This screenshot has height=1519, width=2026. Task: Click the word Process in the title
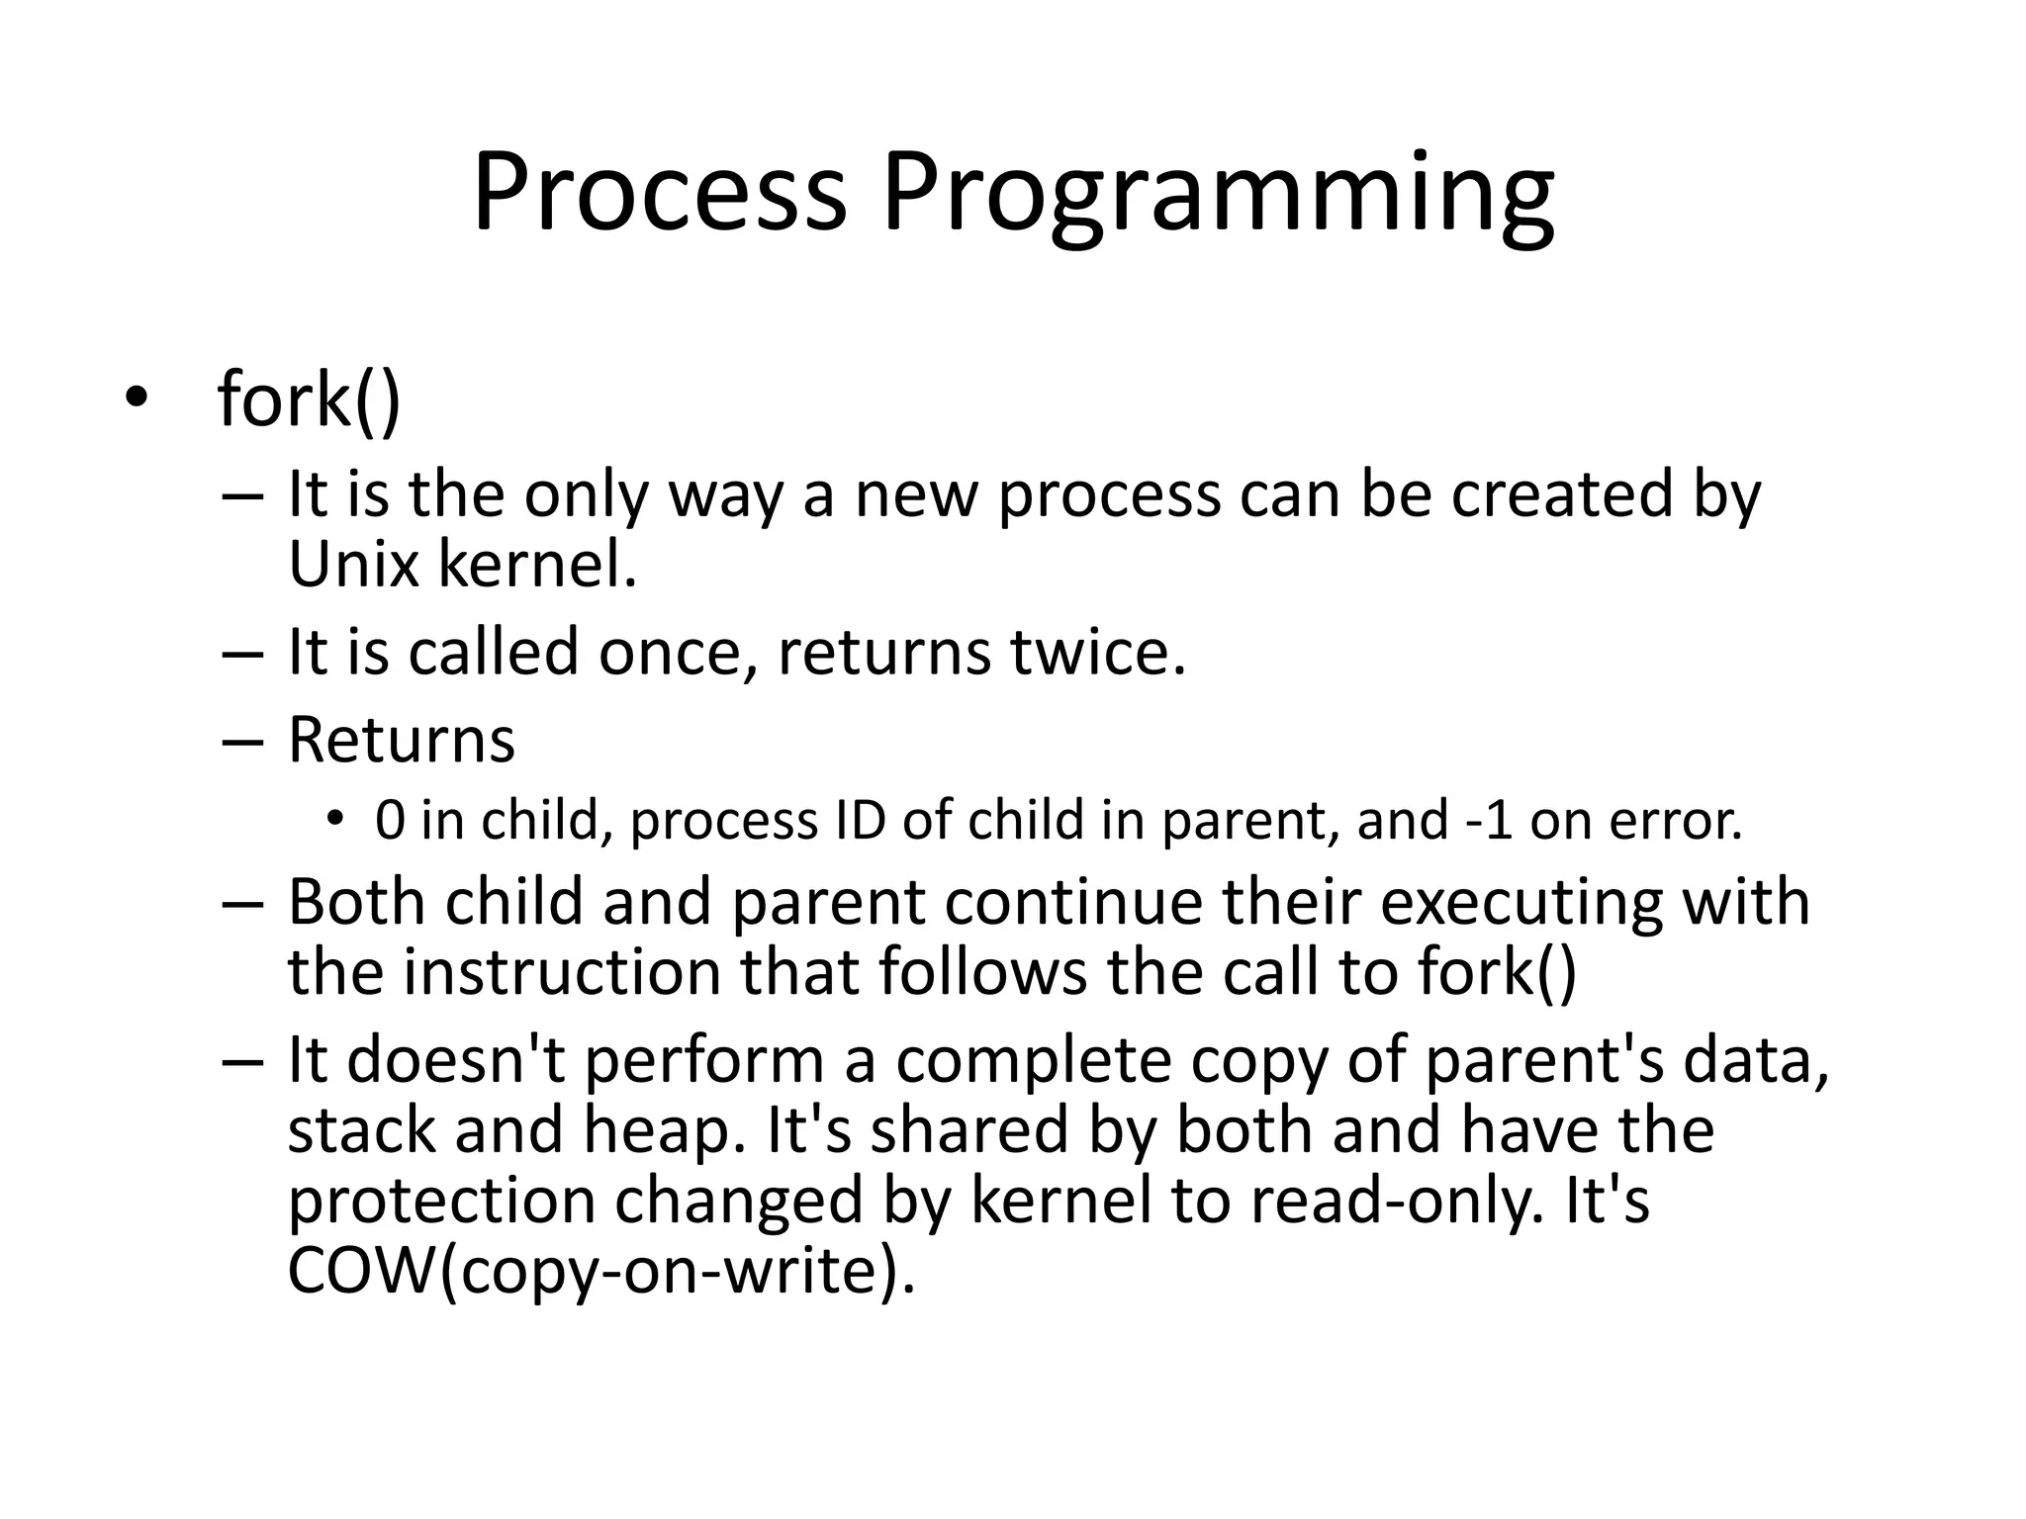(x=660, y=193)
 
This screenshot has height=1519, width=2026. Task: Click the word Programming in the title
(x=1217, y=193)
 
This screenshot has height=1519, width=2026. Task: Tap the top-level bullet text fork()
(x=309, y=399)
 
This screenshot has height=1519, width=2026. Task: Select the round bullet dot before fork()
(x=136, y=399)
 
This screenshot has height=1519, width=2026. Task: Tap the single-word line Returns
(x=402, y=740)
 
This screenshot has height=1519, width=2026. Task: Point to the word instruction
(x=561, y=972)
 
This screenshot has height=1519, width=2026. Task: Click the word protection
(x=442, y=1201)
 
